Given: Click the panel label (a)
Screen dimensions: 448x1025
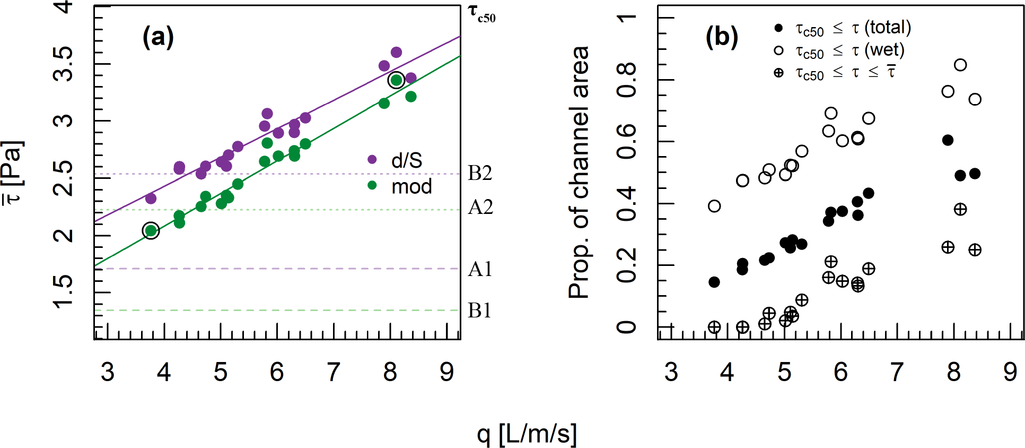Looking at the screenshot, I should [x=158, y=37].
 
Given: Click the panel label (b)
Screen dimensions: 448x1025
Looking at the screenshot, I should [x=722, y=37].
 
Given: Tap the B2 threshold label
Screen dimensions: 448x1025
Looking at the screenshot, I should [x=480, y=173].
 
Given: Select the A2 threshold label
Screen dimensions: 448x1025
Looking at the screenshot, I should [x=480, y=207].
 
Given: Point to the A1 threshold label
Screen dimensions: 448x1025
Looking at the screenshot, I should [x=480, y=269].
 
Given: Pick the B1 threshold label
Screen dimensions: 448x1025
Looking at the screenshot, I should [x=479, y=311].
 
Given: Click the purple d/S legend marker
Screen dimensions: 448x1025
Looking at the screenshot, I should [x=372, y=159].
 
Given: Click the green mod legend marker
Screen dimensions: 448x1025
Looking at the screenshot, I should [x=372, y=185].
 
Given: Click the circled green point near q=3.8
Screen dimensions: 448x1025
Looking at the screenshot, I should [x=151, y=230].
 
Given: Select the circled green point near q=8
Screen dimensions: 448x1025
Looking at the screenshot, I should [x=396, y=80].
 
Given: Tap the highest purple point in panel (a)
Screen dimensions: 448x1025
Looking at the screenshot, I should [x=396, y=52].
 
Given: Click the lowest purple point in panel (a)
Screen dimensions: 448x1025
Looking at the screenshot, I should [x=151, y=199].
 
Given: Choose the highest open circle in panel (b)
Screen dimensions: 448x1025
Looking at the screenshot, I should [x=960, y=65].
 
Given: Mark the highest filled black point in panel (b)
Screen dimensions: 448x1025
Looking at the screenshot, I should [x=948, y=140].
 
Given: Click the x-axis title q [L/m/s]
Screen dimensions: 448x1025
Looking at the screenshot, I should [x=527, y=434].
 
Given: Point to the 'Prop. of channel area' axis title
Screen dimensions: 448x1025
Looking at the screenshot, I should [x=579, y=172].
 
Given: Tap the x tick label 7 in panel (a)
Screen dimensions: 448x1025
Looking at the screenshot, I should [x=334, y=372].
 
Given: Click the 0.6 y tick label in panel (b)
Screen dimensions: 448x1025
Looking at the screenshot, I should [x=627, y=141].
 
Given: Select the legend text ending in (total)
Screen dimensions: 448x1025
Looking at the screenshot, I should [x=853, y=28].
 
